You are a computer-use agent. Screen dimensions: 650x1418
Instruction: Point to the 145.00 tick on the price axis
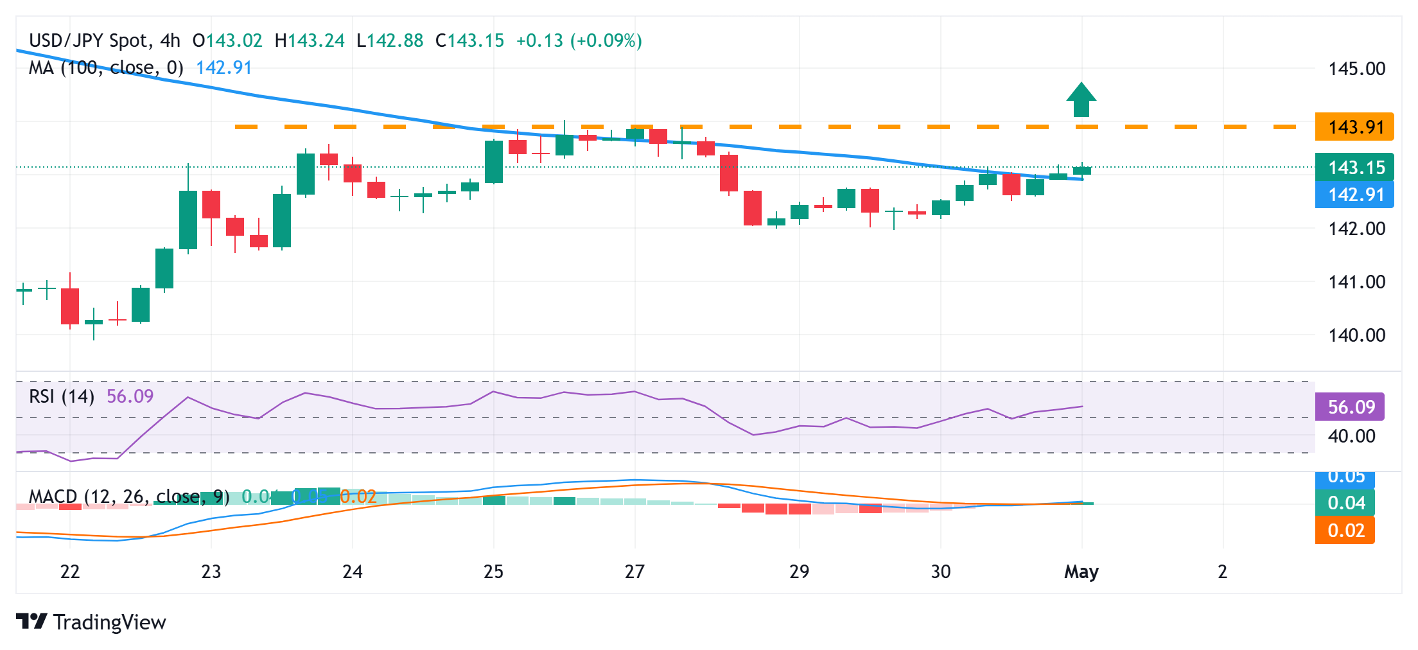1356,69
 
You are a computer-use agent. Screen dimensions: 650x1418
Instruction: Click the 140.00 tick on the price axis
1356,335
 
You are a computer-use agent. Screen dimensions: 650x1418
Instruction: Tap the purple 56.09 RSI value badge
1350,407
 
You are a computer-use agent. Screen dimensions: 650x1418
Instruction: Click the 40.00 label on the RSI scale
1351,437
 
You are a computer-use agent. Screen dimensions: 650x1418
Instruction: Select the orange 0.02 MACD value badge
1345,531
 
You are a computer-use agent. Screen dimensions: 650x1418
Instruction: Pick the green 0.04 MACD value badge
1345,503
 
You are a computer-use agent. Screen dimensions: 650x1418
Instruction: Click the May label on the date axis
1081,572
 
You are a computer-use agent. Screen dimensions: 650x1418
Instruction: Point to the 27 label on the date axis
635,572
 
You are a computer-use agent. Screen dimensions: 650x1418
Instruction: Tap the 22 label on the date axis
70,572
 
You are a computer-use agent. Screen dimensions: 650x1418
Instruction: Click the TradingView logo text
109,622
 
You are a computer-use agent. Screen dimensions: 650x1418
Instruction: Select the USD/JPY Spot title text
89,40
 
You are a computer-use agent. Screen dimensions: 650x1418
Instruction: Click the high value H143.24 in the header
310,40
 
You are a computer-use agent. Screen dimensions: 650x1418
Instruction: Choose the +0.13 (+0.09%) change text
579,40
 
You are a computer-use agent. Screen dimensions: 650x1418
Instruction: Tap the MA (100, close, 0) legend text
106,67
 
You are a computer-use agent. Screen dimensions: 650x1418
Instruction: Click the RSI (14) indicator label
62,396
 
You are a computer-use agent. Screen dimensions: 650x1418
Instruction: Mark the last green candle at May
1082,170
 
